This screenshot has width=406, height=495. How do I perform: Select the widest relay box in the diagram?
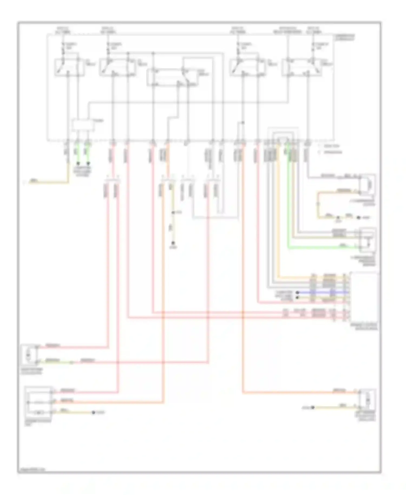click(172, 77)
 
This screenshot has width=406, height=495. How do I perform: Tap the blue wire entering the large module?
click(322, 292)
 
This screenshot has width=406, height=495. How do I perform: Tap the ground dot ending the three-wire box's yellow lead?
click(93, 412)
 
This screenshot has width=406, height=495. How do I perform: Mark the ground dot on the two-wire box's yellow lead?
click(313, 407)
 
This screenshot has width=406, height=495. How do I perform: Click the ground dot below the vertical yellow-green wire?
click(173, 243)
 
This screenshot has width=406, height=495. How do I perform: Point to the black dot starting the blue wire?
click(297, 292)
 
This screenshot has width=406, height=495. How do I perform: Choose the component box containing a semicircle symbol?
click(368, 184)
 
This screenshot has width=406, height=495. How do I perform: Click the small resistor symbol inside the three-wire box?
click(40, 412)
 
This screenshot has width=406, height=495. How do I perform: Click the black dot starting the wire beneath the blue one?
click(297, 297)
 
